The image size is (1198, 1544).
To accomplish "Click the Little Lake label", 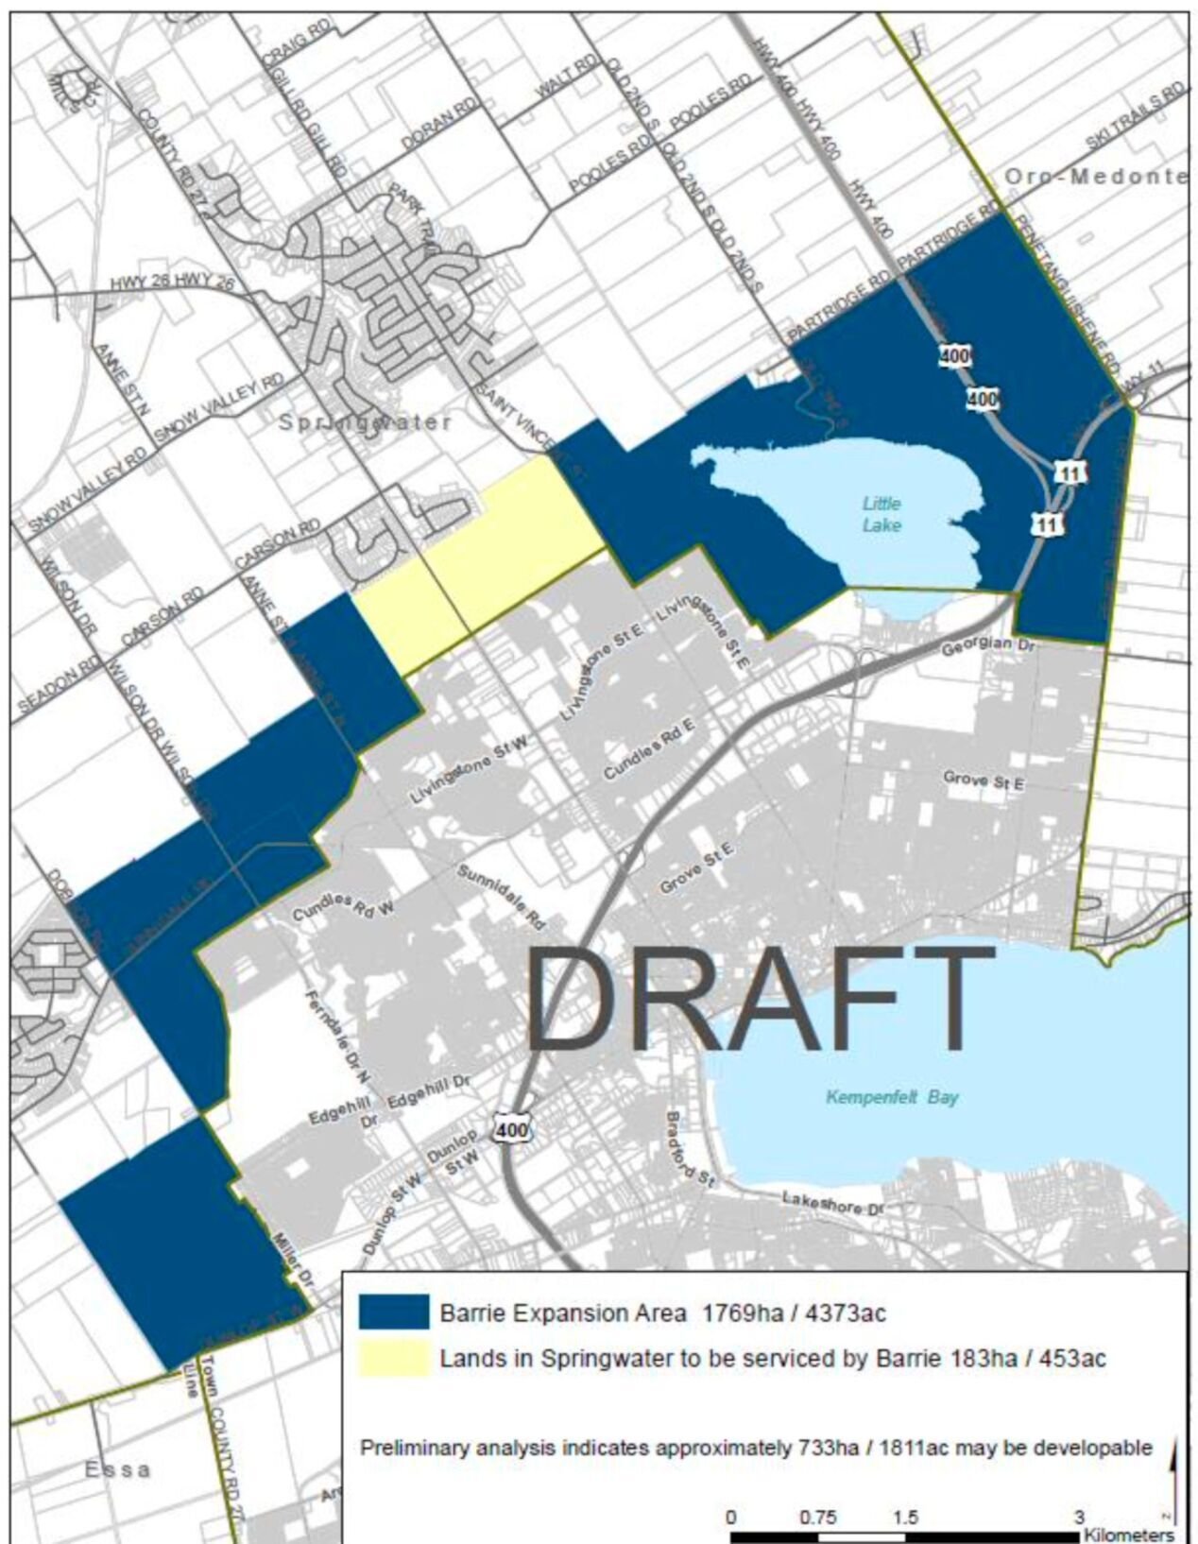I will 881,514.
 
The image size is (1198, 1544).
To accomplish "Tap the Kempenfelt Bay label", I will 891,1097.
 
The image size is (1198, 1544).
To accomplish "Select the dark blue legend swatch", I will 393,1313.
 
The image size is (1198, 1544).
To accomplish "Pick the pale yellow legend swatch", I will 393,1359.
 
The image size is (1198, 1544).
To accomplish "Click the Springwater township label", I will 365,422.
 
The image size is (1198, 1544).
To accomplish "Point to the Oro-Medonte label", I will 1095,177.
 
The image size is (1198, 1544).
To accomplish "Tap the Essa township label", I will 118,1470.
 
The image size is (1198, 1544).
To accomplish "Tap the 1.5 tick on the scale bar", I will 905,1518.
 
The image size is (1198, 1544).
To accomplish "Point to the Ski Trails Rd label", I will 1135,116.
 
